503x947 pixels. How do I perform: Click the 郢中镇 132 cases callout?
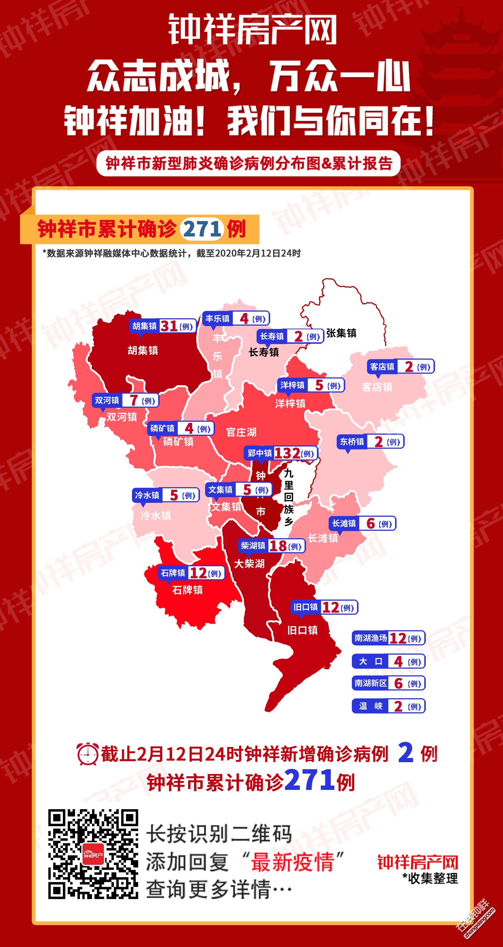point(281,453)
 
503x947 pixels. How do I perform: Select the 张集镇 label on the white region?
point(341,333)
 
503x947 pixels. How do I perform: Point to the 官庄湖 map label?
point(241,432)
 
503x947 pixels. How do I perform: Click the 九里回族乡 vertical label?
point(289,497)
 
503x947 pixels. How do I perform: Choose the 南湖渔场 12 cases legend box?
point(388,638)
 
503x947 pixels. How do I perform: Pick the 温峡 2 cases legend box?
point(388,706)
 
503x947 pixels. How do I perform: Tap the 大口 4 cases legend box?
point(388,661)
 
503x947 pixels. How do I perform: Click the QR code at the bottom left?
point(93,854)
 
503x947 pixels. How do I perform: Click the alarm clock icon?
point(88,754)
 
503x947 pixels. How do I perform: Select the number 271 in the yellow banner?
point(202,229)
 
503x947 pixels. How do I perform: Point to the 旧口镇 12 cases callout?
point(324,607)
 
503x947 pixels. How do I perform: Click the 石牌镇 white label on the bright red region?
point(187,590)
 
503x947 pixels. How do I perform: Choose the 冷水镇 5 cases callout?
point(166,495)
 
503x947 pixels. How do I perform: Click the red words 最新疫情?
point(292,862)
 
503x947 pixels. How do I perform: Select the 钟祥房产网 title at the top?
point(252,30)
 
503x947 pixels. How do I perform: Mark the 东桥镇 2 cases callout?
point(370,442)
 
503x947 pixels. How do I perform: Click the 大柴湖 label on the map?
point(249,564)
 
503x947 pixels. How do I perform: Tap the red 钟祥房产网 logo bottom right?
point(418,863)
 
